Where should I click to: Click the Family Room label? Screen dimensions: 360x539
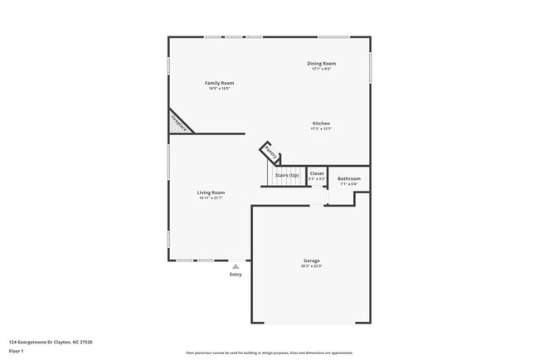click(x=220, y=83)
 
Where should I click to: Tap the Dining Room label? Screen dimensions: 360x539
click(x=323, y=63)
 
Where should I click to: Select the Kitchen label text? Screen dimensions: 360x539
click(x=321, y=124)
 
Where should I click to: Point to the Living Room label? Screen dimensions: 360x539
click(x=211, y=192)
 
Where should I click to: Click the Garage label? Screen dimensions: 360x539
click(x=311, y=260)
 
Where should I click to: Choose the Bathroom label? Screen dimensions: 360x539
click(x=349, y=178)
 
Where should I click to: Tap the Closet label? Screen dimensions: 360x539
click(x=317, y=173)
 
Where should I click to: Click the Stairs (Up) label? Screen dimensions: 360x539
click(x=287, y=175)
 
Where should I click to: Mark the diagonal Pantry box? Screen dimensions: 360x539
click(x=270, y=153)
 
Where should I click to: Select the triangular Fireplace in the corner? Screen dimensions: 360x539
click(x=177, y=123)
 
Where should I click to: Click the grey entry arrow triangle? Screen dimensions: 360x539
click(x=236, y=266)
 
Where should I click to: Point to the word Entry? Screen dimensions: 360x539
click(x=236, y=275)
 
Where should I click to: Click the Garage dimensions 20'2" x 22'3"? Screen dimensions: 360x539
click(x=311, y=266)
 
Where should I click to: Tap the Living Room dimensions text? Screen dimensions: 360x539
click(x=211, y=198)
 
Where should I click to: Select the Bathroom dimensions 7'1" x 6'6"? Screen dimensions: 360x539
click(x=349, y=184)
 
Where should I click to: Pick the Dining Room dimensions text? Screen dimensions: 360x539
click(x=323, y=69)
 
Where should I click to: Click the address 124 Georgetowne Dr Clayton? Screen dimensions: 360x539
click(x=50, y=342)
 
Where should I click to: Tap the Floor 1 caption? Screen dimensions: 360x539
click(x=17, y=351)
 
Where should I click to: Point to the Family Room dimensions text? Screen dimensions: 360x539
click(x=220, y=89)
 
